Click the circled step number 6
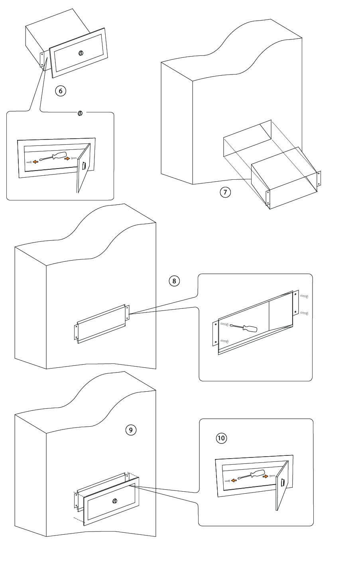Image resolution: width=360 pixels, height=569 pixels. point(61,91)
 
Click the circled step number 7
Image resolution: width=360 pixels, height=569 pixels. point(225,192)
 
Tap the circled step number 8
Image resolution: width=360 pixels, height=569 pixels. point(174,281)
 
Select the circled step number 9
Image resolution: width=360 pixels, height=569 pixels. point(131,430)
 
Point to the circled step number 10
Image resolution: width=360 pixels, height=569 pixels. point(221,438)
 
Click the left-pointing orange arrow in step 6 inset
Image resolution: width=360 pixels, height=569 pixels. point(35,162)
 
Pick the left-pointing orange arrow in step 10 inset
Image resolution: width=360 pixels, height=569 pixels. point(234,480)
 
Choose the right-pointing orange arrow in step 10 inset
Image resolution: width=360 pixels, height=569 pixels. point(266,476)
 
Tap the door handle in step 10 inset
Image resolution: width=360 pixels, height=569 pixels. point(283,483)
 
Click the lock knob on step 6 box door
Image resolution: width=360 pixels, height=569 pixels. point(81,53)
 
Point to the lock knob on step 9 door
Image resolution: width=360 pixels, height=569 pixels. point(115,501)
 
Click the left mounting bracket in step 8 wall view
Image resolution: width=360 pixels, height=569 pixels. point(76,332)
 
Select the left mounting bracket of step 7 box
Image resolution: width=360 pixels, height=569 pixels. point(268,198)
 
